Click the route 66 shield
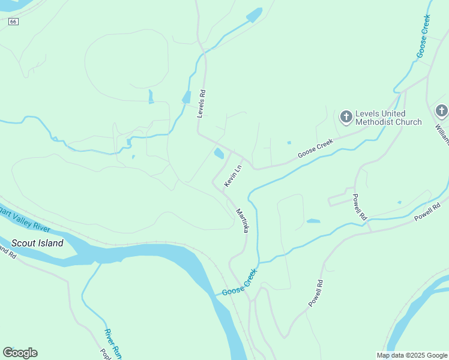tap(14, 21)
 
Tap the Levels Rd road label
tap(202, 104)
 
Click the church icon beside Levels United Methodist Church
tap(346, 117)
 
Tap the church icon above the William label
tap(441, 110)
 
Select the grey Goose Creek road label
tap(315, 149)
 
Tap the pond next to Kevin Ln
tap(219, 154)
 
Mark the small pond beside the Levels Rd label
tap(186, 97)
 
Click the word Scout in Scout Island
tap(25, 243)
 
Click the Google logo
tap(20, 352)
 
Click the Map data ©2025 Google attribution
tap(411, 355)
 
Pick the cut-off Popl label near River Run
tap(103, 354)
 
